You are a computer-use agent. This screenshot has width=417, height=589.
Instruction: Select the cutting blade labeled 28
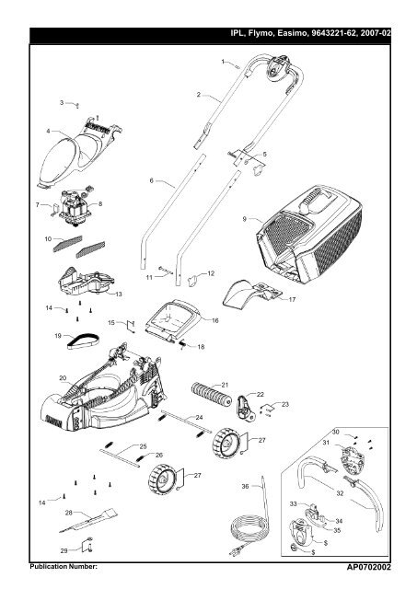click(88, 520)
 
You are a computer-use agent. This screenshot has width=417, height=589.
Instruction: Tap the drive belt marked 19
click(83, 341)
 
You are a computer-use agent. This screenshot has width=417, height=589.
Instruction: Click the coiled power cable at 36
click(249, 525)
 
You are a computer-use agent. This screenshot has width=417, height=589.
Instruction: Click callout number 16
click(214, 320)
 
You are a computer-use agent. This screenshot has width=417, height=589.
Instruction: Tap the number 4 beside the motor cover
click(48, 131)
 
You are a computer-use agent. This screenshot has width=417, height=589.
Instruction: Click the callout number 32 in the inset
click(340, 493)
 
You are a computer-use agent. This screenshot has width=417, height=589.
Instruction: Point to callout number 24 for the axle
click(199, 417)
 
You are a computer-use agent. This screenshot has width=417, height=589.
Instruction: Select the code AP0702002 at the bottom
click(368, 567)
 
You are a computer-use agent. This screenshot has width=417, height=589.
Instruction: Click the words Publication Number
click(64, 567)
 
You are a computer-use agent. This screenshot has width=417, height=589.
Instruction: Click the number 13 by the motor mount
click(119, 294)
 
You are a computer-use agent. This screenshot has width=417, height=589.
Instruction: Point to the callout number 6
click(151, 180)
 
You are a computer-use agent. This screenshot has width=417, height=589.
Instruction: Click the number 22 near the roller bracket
click(260, 395)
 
